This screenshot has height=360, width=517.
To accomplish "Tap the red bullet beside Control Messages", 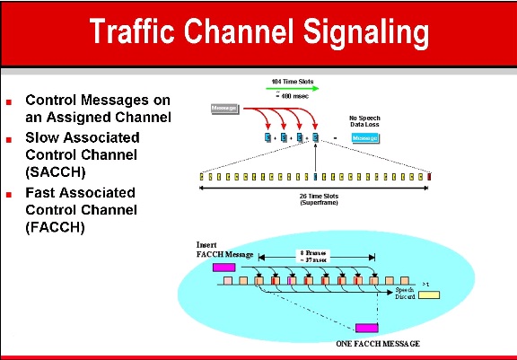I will tap(9, 101).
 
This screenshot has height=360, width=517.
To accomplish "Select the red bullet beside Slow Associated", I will tap(9, 139).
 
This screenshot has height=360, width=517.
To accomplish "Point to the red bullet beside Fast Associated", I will tap(9, 194).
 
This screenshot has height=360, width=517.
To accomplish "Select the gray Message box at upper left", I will tap(223, 109).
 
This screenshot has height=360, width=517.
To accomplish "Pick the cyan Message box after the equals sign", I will tap(364, 137).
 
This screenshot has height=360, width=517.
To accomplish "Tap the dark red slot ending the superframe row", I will tap(430, 176).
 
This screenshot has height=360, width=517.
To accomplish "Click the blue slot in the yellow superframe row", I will tap(315, 176).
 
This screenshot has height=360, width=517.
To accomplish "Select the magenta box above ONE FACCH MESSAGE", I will tap(366, 329).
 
